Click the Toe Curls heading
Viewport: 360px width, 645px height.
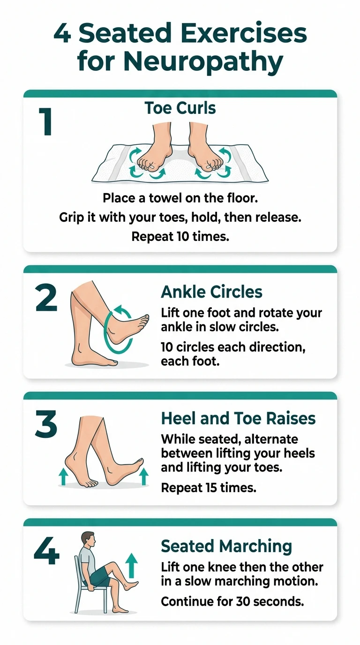point(180,109)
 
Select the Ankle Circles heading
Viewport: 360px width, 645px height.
point(211,292)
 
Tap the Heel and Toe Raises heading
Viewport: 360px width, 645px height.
point(238,419)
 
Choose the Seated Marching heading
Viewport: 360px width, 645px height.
point(226,546)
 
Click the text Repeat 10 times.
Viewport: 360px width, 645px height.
point(180,237)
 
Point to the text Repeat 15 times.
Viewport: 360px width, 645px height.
point(209,487)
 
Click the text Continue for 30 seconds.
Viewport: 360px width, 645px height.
point(232,601)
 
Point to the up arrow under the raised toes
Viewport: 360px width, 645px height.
point(144,476)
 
